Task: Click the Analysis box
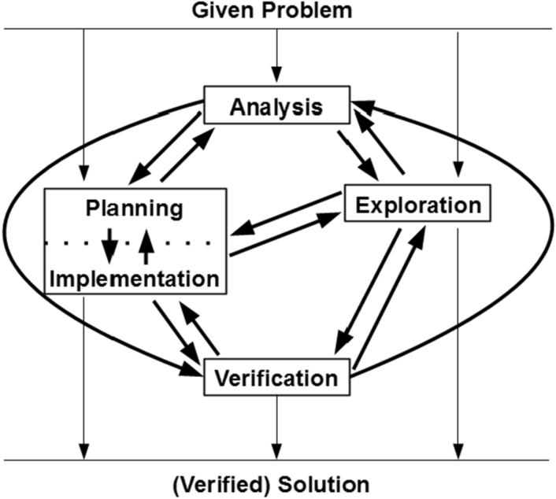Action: [276, 105]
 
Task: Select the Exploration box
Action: [417, 205]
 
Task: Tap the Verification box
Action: [276, 377]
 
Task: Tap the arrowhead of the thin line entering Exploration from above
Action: [458, 176]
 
